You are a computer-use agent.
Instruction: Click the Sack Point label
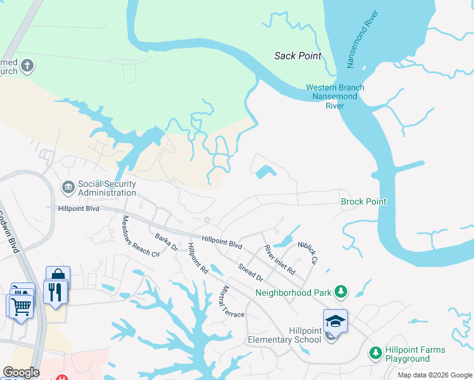298,56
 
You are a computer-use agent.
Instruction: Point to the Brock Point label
364,201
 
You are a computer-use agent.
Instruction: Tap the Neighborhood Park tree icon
341,291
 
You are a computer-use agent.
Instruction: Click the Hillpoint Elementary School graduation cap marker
335,320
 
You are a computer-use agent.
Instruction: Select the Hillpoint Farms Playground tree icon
375,352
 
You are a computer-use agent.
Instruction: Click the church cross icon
27,65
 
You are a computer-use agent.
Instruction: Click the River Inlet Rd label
280,260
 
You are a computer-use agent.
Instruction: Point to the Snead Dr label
250,272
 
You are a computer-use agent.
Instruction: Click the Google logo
22,372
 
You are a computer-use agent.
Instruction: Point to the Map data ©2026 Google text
434,375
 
